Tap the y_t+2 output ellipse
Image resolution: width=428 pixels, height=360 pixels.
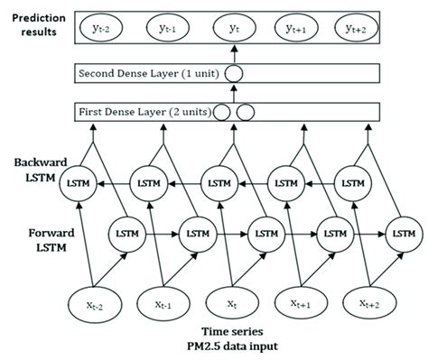click(373, 32)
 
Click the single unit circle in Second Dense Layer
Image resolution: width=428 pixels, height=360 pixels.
click(236, 73)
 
